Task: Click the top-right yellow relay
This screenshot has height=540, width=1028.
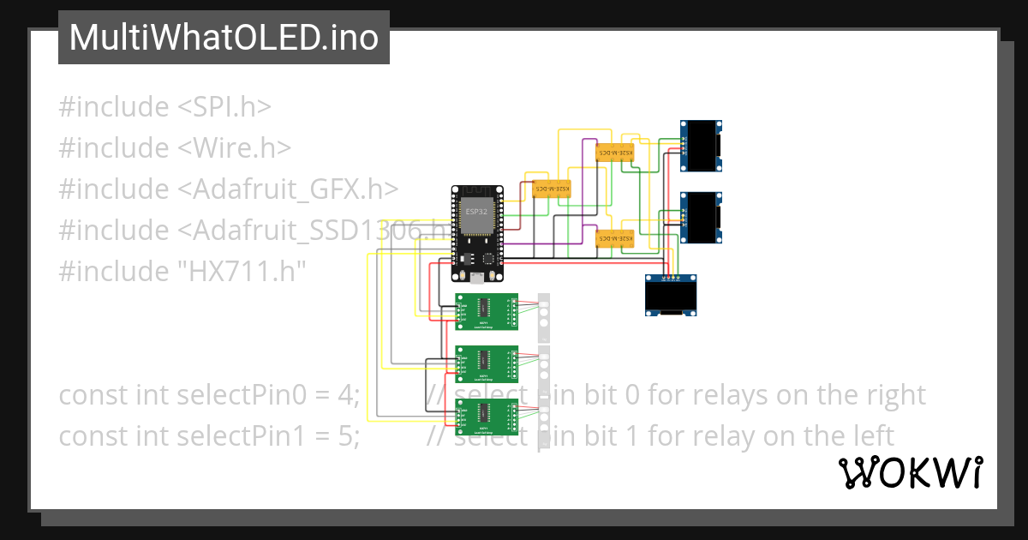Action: coord(614,153)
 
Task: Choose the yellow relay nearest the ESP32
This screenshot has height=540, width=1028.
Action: coord(553,189)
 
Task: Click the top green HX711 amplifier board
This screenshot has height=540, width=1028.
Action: coord(487,311)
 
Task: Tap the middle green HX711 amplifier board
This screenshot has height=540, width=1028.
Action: coord(487,364)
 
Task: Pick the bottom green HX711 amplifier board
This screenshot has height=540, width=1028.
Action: coord(487,417)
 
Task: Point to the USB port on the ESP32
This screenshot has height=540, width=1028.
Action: coord(477,277)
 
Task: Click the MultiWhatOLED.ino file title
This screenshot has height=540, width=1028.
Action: coord(224,38)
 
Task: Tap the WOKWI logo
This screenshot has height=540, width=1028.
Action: coord(910,472)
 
